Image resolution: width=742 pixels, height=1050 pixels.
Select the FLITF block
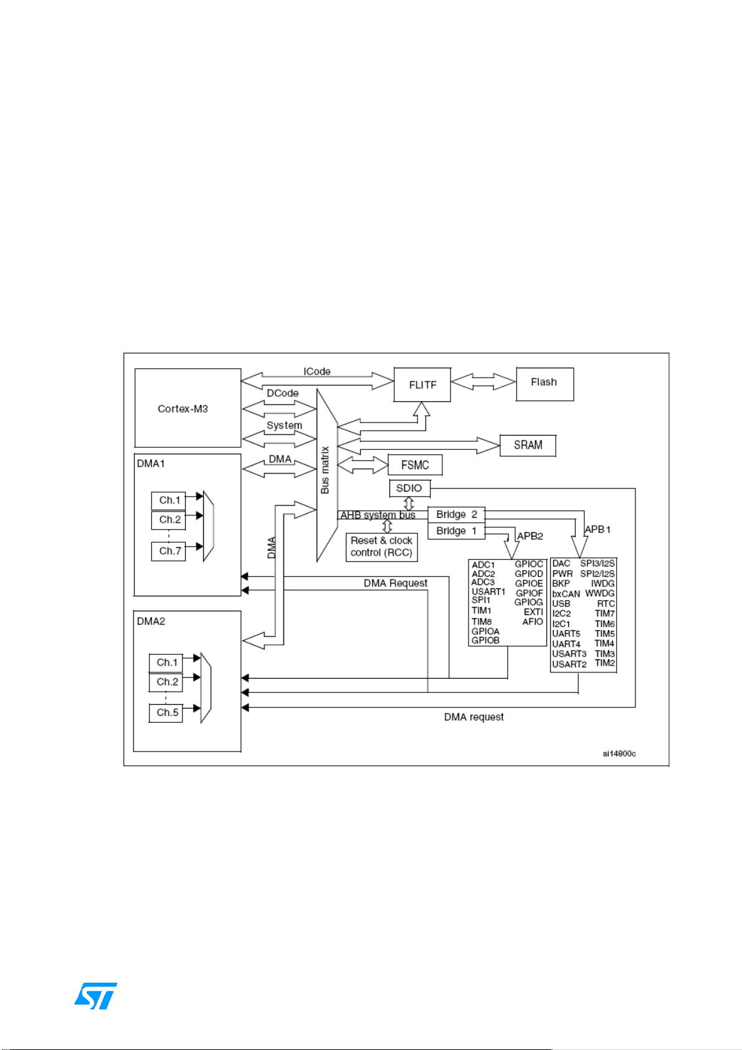pyautogui.click(x=422, y=384)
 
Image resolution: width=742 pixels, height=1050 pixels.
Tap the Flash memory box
pyautogui.click(x=544, y=383)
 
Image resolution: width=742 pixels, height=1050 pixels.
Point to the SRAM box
pyautogui.click(x=528, y=445)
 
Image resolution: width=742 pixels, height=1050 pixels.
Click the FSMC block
pyautogui.click(x=415, y=465)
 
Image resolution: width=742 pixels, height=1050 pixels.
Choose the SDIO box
pyautogui.click(x=409, y=488)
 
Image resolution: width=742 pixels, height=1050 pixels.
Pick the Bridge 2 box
pyautogui.click(x=456, y=515)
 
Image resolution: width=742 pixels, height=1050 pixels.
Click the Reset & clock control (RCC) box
pyautogui.click(x=381, y=546)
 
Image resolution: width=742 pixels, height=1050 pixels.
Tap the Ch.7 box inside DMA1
pyautogui.click(x=169, y=551)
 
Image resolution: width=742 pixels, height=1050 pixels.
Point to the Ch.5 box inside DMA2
pyautogui.click(x=167, y=712)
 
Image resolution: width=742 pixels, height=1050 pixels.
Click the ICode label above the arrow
pyautogui.click(x=317, y=371)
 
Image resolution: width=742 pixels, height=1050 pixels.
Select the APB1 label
pyautogui.click(x=597, y=529)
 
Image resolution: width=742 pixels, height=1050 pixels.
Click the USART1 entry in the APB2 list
pyautogui.click(x=488, y=591)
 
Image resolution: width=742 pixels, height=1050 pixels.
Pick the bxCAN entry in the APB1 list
pyautogui.click(x=566, y=594)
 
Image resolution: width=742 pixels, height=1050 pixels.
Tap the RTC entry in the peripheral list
pyautogui.click(x=606, y=603)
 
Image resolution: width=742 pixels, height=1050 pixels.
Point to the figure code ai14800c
pyautogui.click(x=619, y=754)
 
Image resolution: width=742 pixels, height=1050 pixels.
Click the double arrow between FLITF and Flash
pyautogui.click(x=483, y=381)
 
